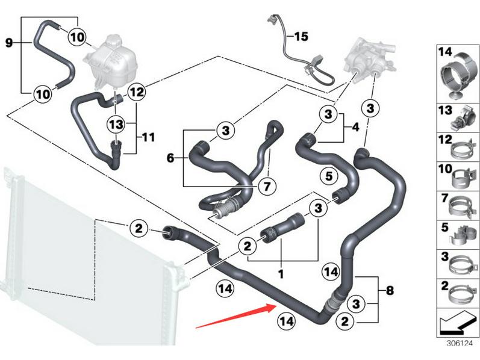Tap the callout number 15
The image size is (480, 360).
[301, 37]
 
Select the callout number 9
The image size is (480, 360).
[8, 43]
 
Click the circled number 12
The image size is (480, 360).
[137, 93]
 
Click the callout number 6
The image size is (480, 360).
[170, 158]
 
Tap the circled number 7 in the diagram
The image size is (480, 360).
[264, 186]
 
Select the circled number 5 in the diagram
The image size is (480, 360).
[328, 176]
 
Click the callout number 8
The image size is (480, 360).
[390, 291]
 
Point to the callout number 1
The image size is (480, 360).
[280, 273]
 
